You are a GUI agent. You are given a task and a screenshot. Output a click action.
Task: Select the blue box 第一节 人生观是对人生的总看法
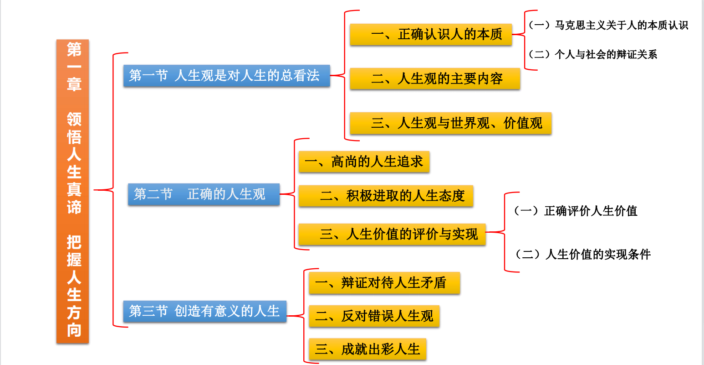pyautogui.click(x=226, y=76)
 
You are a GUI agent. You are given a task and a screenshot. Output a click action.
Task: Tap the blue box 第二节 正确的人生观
pyautogui.click(x=204, y=194)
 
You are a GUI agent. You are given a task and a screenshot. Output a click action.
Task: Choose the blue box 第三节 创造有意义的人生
pyautogui.click(x=204, y=311)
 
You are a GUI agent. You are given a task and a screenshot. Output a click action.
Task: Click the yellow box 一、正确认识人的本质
pyautogui.click(x=431, y=34)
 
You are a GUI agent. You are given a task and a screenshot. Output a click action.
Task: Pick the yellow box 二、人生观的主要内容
pyautogui.click(x=435, y=78)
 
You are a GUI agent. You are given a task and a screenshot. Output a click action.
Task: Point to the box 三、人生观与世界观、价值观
pyautogui.click(x=450, y=123)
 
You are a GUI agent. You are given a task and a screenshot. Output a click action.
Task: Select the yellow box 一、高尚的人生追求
pyautogui.click(x=364, y=162)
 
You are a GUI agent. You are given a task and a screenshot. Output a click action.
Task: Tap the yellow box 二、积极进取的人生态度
pyautogui.click(x=386, y=196)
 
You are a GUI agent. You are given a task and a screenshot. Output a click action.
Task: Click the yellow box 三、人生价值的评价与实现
pyautogui.click(x=392, y=234)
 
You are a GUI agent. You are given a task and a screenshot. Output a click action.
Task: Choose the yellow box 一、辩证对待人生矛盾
pyautogui.click(x=384, y=283)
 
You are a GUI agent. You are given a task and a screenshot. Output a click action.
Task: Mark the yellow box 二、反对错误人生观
pyautogui.click(x=374, y=316)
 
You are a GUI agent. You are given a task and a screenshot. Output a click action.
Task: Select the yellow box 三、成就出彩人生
pyautogui.click(x=367, y=349)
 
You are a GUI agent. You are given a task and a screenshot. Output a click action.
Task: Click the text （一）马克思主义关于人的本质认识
pyautogui.click(x=608, y=26)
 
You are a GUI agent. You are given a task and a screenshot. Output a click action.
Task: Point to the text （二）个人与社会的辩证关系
pyautogui.click(x=592, y=55)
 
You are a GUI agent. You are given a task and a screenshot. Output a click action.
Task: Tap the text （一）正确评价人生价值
pyautogui.click(x=576, y=211)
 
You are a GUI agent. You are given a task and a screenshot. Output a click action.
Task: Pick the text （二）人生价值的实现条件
pyautogui.click(x=582, y=254)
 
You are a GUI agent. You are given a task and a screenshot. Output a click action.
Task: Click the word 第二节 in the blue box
pyautogui.click(x=153, y=194)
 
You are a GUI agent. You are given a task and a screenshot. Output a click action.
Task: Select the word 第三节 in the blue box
pyautogui.click(x=148, y=311)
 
